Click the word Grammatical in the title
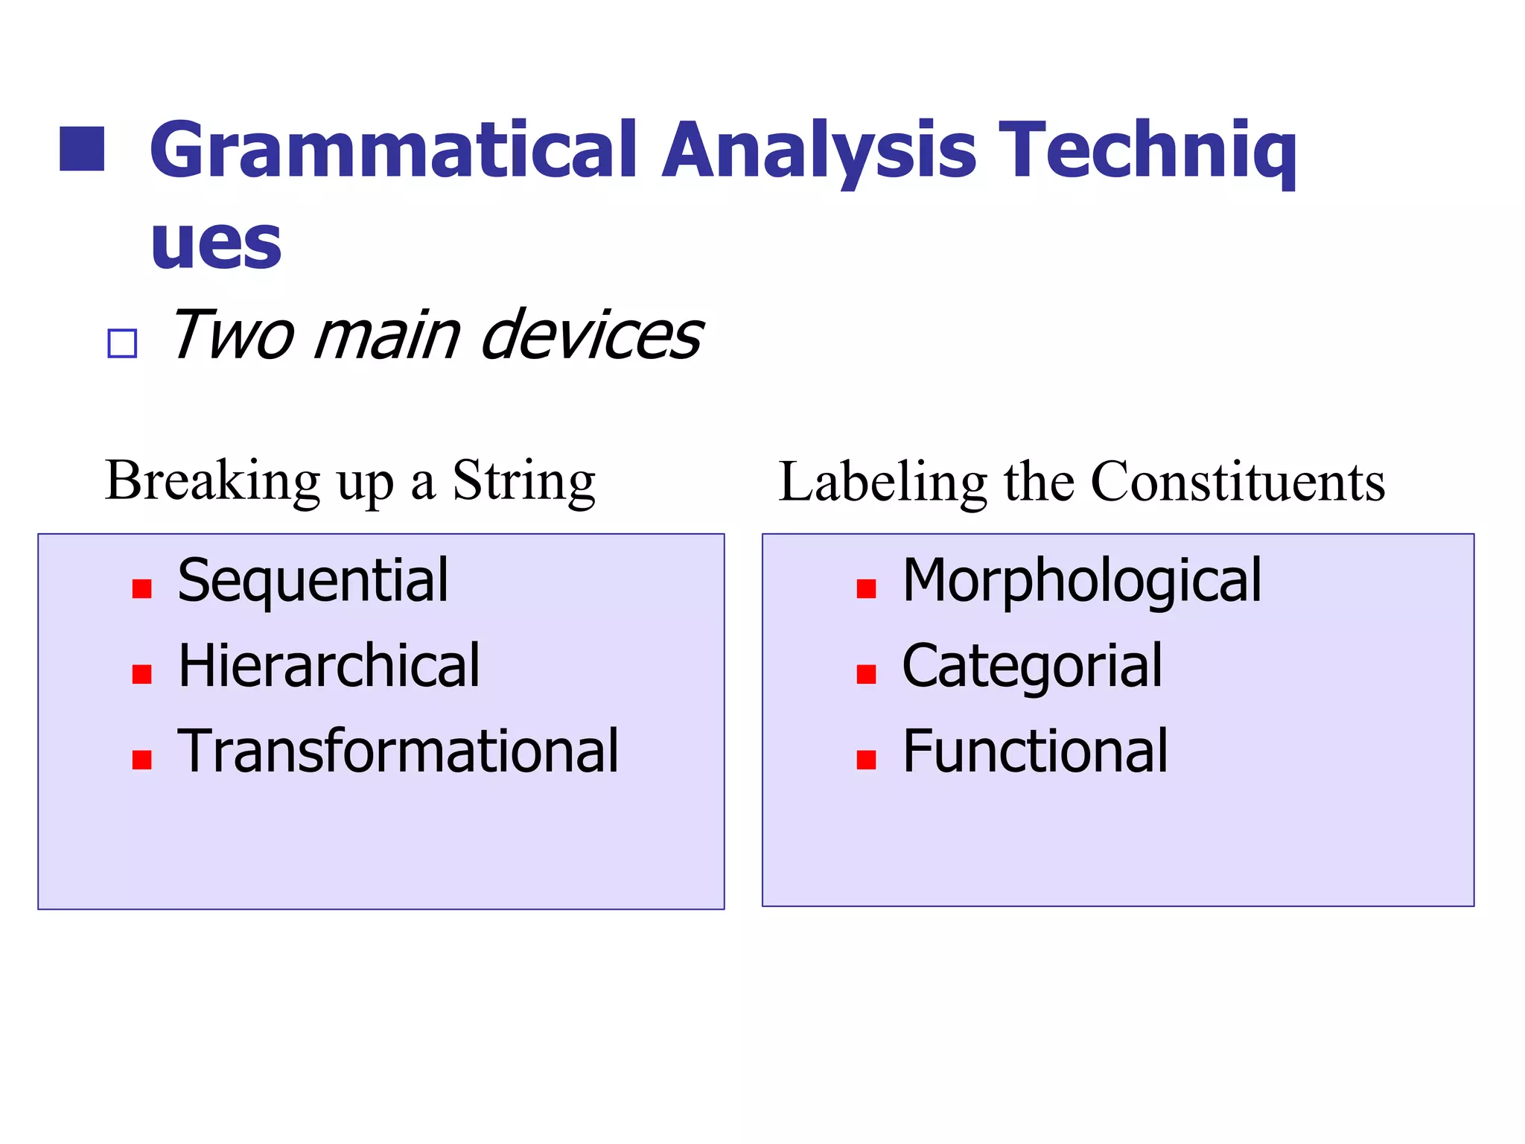(393, 153)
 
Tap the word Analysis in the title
(818, 153)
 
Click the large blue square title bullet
(82, 149)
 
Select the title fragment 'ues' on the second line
(216, 244)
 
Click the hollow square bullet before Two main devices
(122, 343)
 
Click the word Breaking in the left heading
(213, 481)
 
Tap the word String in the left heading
(523, 481)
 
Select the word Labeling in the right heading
(882, 483)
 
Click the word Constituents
(1237, 483)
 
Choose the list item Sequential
(313, 581)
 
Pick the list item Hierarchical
(328, 666)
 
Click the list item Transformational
(398, 751)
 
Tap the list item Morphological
(1081, 581)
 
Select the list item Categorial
(1031, 666)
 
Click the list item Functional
(1034, 751)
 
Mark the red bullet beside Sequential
(141, 589)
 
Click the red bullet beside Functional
(866, 759)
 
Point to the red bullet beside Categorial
(866, 674)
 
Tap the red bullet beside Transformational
(141, 759)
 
